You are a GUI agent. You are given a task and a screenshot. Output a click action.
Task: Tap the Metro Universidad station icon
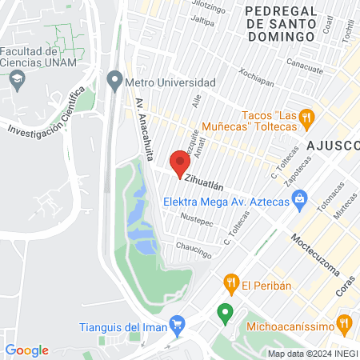coord(114,82)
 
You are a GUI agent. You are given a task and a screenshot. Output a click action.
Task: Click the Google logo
coord(26,350)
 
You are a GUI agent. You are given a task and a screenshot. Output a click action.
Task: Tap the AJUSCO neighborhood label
coord(332,145)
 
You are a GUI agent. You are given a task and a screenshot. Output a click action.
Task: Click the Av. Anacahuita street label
coord(143,129)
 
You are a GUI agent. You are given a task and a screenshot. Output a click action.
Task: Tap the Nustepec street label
coord(197,217)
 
